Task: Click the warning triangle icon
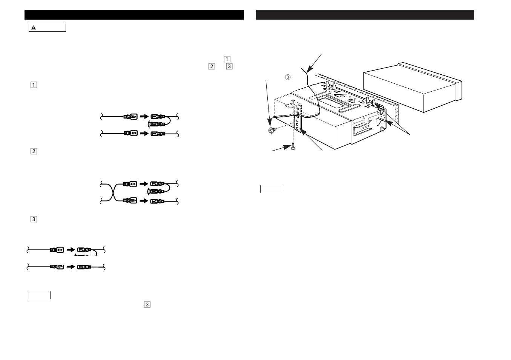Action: (34, 28)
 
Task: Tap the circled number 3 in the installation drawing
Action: (287, 77)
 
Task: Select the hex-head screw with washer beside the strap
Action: (271, 131)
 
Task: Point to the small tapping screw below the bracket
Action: (293, 147)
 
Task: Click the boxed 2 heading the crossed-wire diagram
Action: (34, 151)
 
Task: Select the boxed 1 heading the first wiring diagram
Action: (34, 85)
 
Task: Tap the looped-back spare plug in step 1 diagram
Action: (156, 124)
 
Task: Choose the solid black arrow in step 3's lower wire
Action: (71, 267)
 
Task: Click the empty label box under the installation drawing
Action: (271, 189)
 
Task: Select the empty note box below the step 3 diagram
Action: (39, 295)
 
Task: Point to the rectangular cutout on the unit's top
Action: (331, 101)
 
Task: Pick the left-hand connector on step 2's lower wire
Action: (130, 201)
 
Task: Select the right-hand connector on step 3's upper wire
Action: (84, 250)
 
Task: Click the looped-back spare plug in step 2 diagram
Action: (156, 191)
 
